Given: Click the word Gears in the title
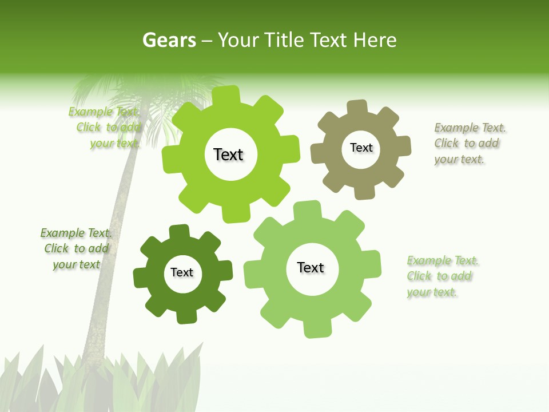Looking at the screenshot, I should pyautogui.click(x=169, y=41).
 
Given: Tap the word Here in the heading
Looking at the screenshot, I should pyautogui.click(x=375, y=40).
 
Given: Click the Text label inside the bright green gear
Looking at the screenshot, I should pyautogui.click(x=228, y=154).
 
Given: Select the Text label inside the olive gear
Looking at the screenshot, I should pyautogui.click(x=361, y=148).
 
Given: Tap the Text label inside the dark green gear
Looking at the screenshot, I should pyautogui.click(x=182, y=273).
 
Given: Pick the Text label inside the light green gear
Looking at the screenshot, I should pyautogui.click(x=311, y=268).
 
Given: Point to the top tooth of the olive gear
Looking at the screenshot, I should pyautogui.click(x=357, y=108).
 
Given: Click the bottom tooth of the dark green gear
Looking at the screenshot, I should pyautogui.click(x=185, y=316).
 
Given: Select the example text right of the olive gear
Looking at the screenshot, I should pyautogui.click(x=469, y=144).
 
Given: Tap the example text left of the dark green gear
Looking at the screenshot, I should pyautogui.click(x=76, y=249).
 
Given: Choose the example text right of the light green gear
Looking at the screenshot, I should pyautogui.click(x=441, y=276).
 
